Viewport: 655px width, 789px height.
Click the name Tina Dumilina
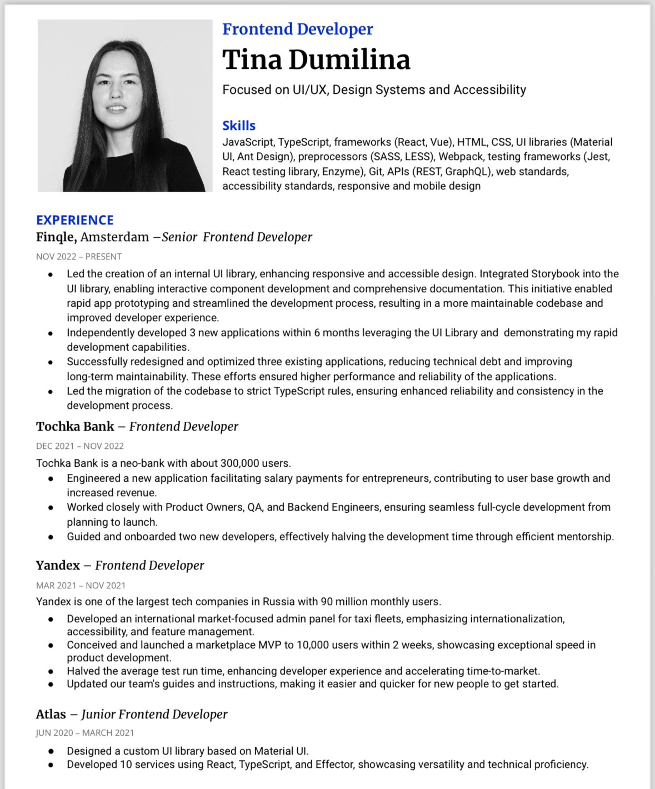tap(316, 60)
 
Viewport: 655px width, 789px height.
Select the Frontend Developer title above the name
tap(298, 29)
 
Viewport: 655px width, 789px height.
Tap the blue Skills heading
tap(239, 126)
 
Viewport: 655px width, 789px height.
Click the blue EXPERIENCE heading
tap(75, 220)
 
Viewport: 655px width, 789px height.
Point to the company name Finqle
tap(56, 237)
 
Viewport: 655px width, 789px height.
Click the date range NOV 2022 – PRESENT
tap(79, 257)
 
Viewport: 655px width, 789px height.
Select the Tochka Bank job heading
tap(137, 427)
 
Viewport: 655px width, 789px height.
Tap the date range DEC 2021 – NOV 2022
tap(80, 446)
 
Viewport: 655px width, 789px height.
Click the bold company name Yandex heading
tap(58, 566)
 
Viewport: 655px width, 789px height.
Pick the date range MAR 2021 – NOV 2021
tap(81, 586)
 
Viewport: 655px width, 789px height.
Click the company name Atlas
tap(51, 715)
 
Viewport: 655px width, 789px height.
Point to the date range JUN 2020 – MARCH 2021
tap(85, 733)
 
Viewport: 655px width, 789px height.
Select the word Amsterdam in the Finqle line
tap(114, 237)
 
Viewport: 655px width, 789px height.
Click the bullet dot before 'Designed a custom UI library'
tap(51, 751)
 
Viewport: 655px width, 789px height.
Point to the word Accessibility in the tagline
tap(489, 90)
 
